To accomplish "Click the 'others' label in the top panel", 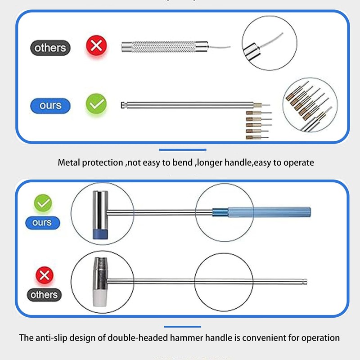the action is pos(50,48).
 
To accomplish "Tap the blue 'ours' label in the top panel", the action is pos(50,106).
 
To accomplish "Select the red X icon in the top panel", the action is pos(96,45).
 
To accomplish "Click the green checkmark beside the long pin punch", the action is pos(96,104).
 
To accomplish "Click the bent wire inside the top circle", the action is pos(271,41).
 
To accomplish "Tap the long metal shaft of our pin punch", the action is pos(190,105).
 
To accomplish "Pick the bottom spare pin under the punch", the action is pos(257,138).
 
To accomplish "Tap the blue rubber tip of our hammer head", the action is pos(100,234).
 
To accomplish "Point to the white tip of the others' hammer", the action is pos(100,297).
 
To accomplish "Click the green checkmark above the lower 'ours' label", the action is pos(43,203).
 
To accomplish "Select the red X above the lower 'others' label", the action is pos(45,275).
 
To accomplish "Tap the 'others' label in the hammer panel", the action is pos(44,295).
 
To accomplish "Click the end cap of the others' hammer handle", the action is pos(305,282).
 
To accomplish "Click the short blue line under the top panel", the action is pos(183,150).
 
